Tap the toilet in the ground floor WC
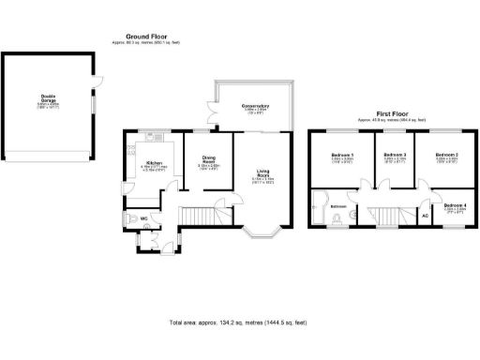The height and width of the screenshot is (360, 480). (130, 217)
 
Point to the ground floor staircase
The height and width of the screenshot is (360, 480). (198, 217)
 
